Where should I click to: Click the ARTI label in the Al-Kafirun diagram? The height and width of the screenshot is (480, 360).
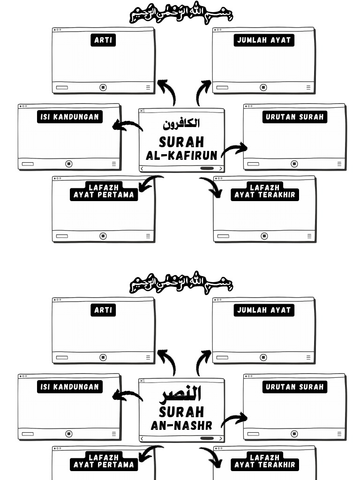pos(103,40)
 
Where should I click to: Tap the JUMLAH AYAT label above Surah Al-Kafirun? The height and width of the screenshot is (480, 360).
pos(264,40)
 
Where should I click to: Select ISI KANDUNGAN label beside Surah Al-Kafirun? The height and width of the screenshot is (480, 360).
pos(69,117)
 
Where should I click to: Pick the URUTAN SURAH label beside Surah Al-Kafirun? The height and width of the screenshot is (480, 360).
pos(294,117)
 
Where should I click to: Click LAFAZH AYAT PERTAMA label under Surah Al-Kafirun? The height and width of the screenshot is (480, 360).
pos(104,191)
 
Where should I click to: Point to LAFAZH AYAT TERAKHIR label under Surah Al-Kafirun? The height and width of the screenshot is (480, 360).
pos(265,191)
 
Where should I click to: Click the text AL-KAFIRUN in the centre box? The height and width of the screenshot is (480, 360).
pos(181,156)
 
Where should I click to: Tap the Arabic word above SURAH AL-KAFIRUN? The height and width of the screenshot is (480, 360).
pos(181,124)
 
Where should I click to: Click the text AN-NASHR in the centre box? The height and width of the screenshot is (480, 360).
pos(181,426)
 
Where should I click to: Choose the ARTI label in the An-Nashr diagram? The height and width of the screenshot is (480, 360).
pos(103,310)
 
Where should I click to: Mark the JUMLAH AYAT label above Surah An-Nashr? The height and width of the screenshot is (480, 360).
pos(264,310)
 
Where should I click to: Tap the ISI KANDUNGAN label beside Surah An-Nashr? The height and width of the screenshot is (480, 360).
pos(69,387)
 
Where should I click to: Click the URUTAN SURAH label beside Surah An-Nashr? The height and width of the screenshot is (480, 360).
pos(294,387)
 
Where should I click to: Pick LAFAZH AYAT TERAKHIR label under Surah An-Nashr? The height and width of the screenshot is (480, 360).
pos(265,461)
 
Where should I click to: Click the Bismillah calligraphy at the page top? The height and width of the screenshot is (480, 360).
pos(181,14)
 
